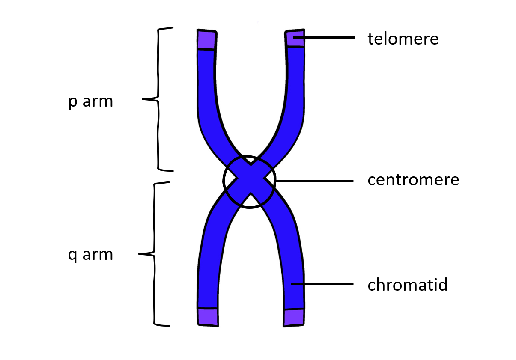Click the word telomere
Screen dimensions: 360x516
click(x=403, y=39)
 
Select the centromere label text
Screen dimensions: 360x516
click(x=413, y=180)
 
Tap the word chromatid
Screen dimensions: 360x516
click(x=407, y=285)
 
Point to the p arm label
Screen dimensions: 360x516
click(x=91, y=102)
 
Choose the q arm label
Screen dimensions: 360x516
click(x=91, y=255)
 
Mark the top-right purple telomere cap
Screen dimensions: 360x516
click(x=295, y=38)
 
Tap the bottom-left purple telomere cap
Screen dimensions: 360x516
click(x=208, y=317)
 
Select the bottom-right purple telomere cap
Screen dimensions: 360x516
click(x=295, y=317)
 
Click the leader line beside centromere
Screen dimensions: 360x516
click(x=315, y=181)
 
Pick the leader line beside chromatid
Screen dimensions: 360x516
click(x=323, y=283)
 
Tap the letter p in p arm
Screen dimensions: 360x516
click(x=72, y=103)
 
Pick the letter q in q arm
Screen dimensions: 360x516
click(x=72, y=256)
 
